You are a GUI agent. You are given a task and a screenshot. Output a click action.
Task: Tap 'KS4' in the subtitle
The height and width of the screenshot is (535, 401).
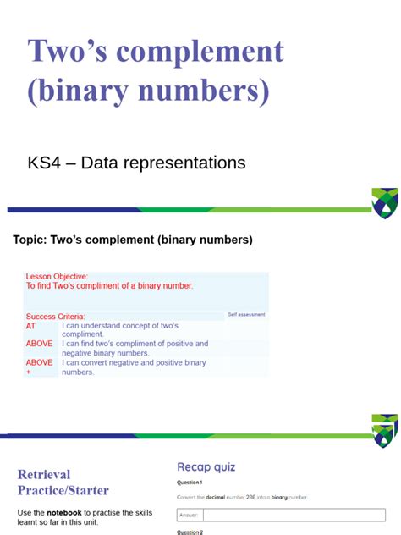click(44, 162)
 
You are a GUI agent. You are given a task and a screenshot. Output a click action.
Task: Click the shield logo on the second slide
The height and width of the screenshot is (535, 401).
click(385, 430)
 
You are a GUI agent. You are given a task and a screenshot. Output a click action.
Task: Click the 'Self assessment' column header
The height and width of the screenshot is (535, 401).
click(246, 314)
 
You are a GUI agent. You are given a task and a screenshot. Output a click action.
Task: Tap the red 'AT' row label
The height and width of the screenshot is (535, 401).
click(31, 326)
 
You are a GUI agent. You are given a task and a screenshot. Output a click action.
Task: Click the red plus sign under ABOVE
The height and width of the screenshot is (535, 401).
click(28, 372)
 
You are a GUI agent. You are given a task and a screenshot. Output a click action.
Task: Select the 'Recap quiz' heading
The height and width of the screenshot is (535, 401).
click(206, 466)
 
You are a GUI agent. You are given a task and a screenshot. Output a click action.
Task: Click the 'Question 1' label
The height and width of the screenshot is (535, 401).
click(190, 482)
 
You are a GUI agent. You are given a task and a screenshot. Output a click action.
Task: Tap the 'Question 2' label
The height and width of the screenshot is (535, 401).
click(190, 532)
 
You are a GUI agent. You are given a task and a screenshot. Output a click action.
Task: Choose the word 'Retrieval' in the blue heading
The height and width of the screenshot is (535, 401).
click(44, 475)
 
